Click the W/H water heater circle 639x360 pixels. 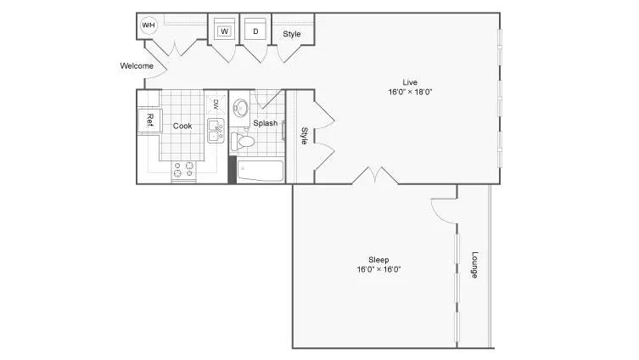149,25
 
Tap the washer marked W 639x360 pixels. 224,30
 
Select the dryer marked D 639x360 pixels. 255,30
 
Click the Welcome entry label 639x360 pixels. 137,65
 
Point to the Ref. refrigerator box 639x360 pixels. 150,121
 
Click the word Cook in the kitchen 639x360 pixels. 182,126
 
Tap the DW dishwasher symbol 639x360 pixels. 216,104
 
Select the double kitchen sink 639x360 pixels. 216,131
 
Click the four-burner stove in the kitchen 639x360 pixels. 183,170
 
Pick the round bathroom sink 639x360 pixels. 240,108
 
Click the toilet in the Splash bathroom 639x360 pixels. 243,142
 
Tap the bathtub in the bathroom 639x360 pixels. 260,171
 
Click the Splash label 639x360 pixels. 266,123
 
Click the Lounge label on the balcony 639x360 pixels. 474,265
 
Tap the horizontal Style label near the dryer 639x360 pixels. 292,34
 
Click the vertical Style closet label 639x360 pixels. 304,136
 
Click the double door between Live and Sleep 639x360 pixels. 375,175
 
